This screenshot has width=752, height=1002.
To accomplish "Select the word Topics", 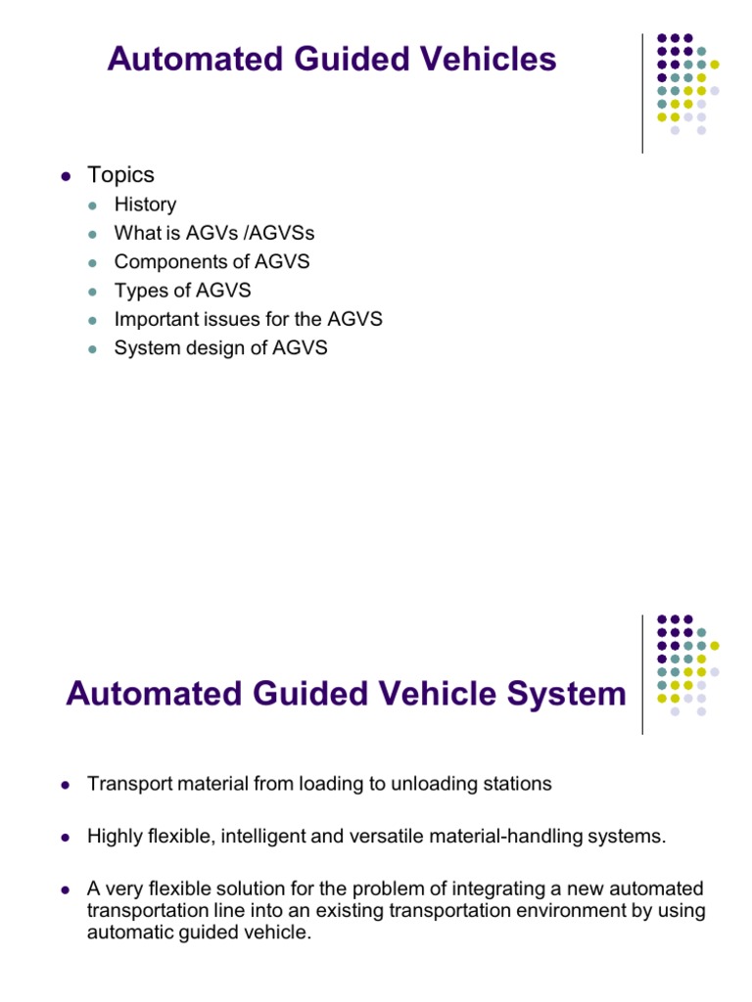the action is click(121, 175).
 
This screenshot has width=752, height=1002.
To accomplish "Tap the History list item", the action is click(145, 205).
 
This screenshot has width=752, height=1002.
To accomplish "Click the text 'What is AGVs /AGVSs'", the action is click(214, 234).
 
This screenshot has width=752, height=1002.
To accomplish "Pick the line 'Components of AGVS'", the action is click(211, 262).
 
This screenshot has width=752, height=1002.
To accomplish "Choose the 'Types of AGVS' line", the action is click(183, 291).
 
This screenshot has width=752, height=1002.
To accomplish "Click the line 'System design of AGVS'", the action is click(221, 347).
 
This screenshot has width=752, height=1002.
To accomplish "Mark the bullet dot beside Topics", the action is click(66, 176).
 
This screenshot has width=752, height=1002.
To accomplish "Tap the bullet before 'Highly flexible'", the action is click(66, 837).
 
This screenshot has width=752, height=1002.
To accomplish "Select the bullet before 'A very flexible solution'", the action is click(66, 888).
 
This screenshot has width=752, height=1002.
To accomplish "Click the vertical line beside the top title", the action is click(642, 93).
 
